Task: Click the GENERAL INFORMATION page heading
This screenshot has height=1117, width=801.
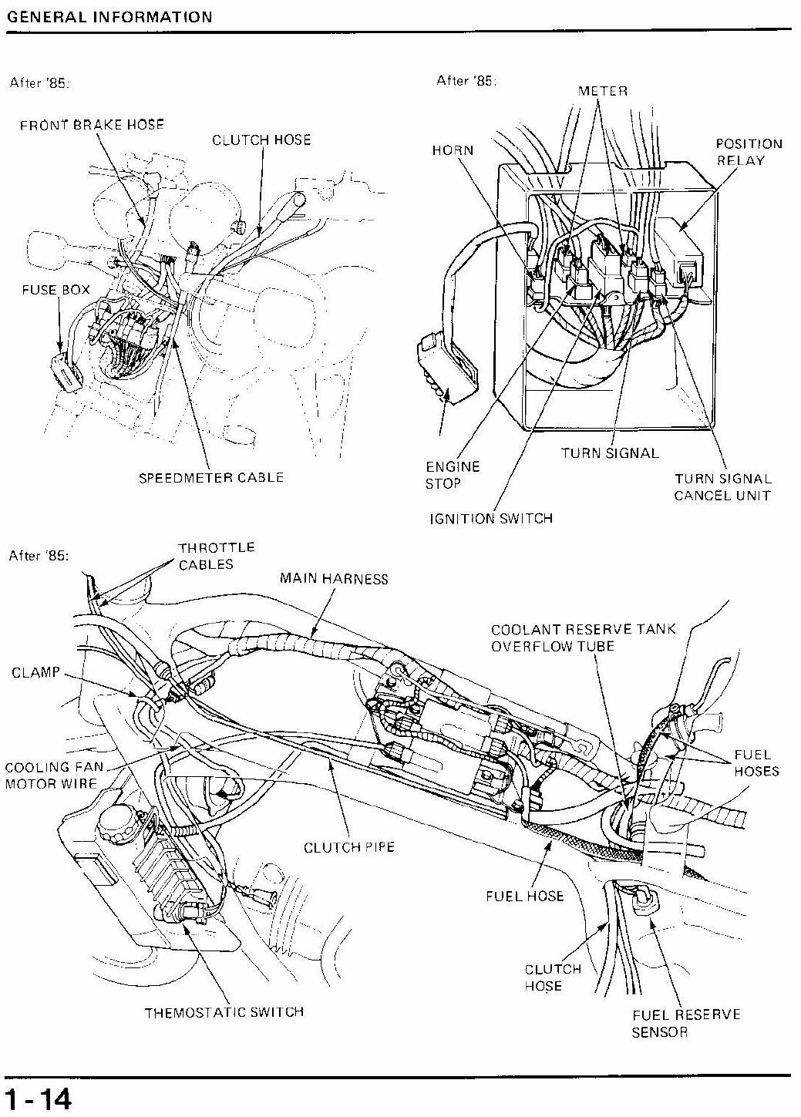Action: click(x=109, y=17)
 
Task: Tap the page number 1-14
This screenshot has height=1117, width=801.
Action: click(x=39, y=1097)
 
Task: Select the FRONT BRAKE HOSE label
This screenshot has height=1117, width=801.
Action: click(x=92, y=124)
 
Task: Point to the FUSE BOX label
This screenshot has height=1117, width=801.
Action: click(x=56, y=290)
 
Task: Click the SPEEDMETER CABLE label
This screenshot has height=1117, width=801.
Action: click(x=211, y=477)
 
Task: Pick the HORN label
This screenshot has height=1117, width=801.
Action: click(x=453, y=150)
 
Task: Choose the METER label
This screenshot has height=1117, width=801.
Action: click(x=603, y=91)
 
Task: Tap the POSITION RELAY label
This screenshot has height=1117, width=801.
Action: click(x=749, y=152)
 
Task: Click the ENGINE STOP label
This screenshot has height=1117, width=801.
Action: click(x=453, y=475)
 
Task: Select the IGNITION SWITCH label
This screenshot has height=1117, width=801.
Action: click(x=491, y=519)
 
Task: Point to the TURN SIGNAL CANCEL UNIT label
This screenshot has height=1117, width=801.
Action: click(x=722, y=487)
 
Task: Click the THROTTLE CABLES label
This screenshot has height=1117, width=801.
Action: click(x=217, y=556)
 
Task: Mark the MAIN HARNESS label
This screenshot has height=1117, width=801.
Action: click(x=334, y=578)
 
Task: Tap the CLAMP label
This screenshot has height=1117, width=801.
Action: click(x=35, y=672)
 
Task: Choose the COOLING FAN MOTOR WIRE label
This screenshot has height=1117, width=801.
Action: click(x=54, y=776)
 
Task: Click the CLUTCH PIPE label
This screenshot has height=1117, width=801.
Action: click(x=349, y=847)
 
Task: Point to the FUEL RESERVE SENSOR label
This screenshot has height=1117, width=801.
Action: click(x=686, y=1023)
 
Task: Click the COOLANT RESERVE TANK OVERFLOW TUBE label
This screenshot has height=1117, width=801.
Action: click(x=583, y=638)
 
